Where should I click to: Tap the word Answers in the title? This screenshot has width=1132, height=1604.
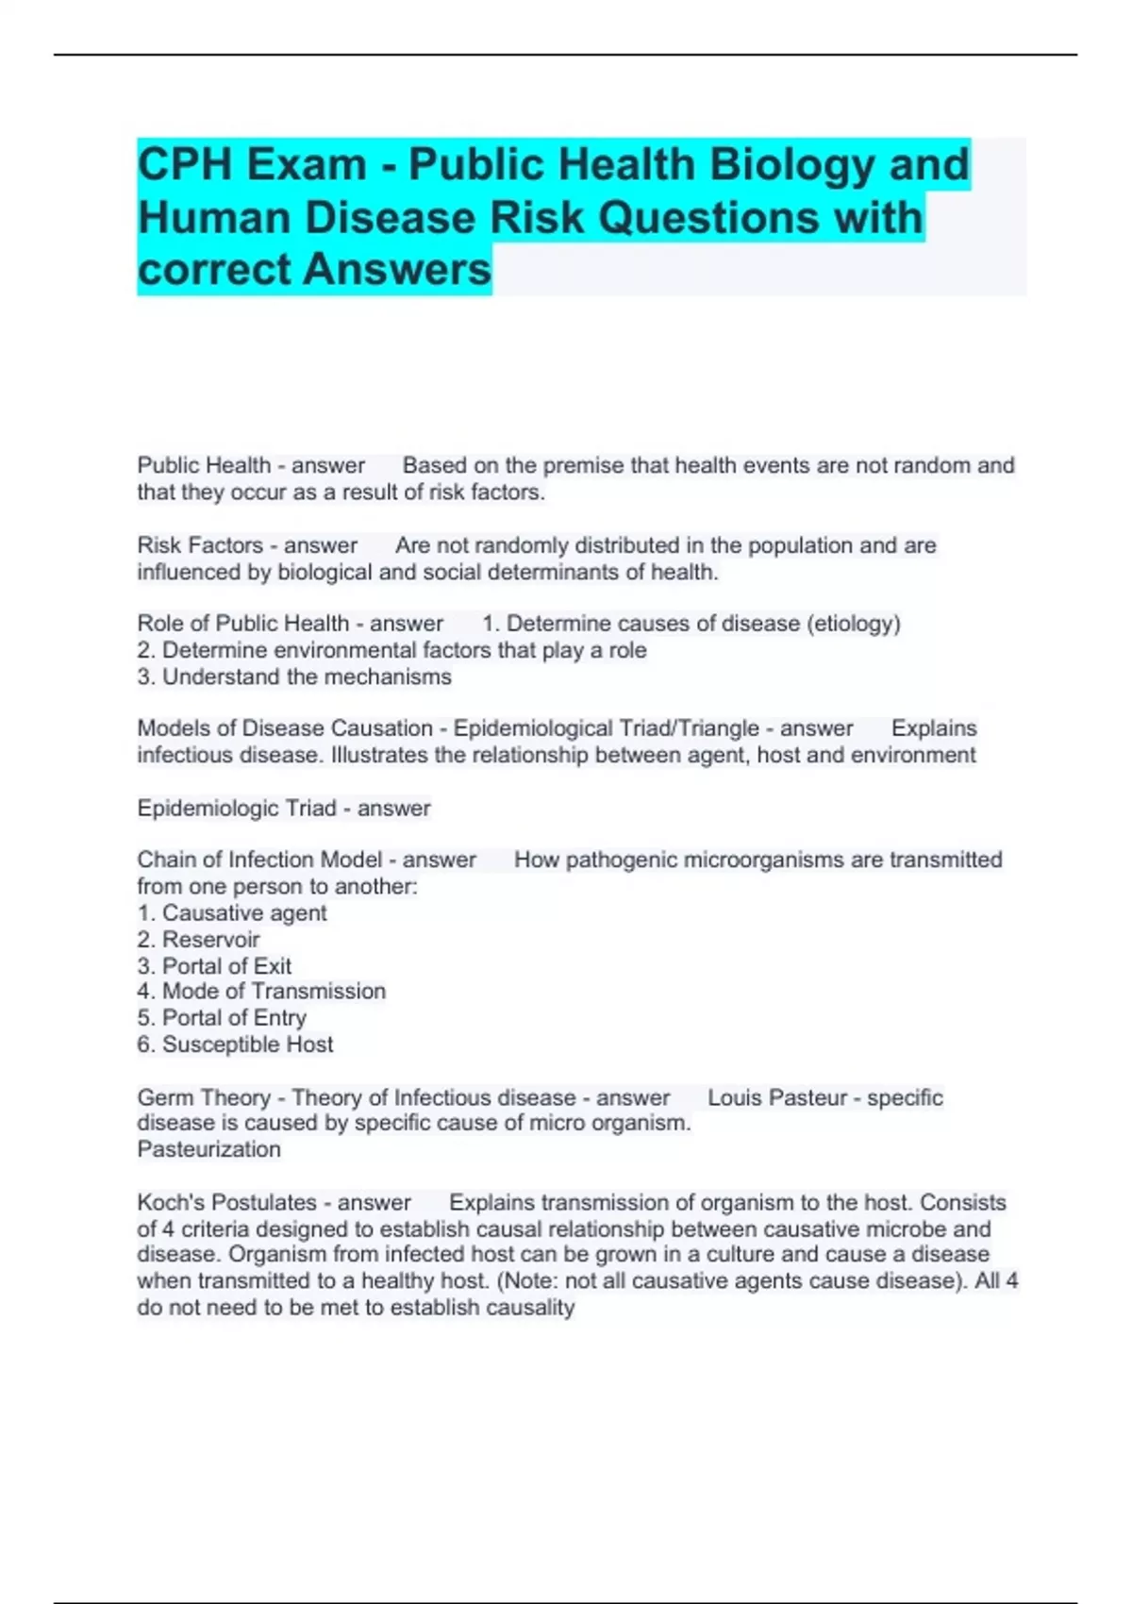(x=397, y=269)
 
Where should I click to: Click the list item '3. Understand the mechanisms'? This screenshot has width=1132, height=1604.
(x=294, y=677)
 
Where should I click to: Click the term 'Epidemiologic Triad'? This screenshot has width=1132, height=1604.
(x=237, y=809)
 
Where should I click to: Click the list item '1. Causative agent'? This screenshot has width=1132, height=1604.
(x=232, y=913)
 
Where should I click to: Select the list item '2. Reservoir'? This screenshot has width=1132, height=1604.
(x=198, y=940)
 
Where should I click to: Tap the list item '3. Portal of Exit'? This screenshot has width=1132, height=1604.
(x=214, y=966)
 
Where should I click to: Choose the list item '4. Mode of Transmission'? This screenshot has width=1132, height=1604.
(x=261, y=991)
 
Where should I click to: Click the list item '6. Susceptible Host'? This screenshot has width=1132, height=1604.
(x=235, y=1044)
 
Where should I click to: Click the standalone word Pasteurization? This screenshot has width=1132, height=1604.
(x=209, y=1149)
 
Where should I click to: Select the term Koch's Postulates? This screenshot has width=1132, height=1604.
(x=226, y=1203)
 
